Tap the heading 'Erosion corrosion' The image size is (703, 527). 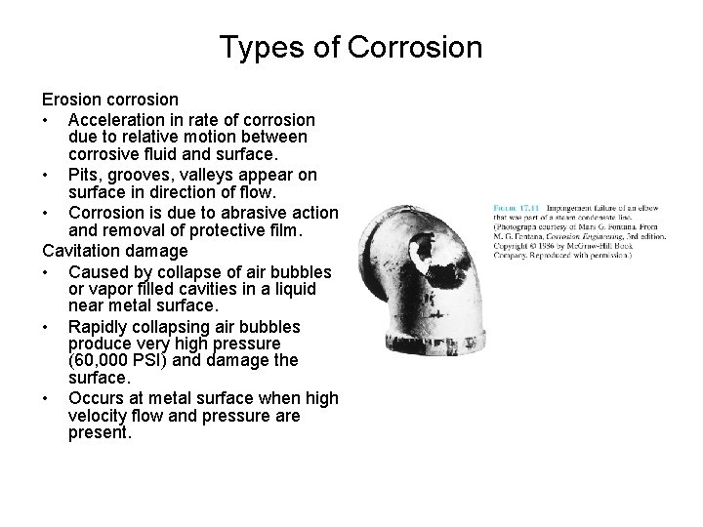109,100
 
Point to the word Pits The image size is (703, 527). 84,175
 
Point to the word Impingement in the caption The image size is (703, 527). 573,208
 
